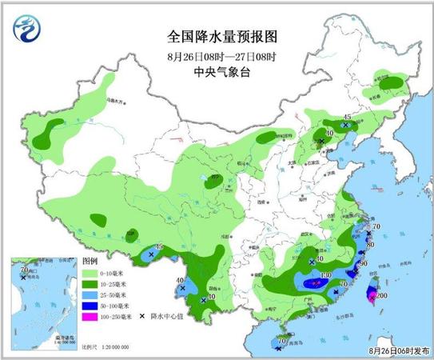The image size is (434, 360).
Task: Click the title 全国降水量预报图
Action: pos(217,37)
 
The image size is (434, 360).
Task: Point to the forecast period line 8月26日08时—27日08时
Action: pos(217,55)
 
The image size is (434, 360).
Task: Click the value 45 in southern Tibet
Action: pos(159,247)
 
